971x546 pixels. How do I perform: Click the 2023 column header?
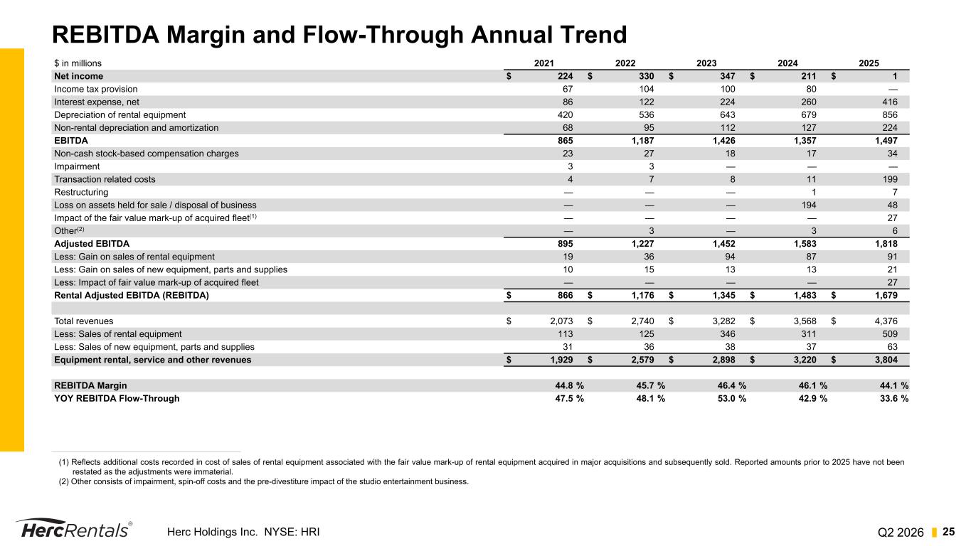pos(706,63)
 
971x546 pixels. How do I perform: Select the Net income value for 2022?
pos(646,76)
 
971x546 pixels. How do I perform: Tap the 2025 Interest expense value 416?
pos(889,102)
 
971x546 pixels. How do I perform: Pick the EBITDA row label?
pos(71,140)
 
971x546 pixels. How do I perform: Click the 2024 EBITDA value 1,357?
pos(805,140)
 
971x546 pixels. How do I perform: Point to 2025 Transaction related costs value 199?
pos(889,179)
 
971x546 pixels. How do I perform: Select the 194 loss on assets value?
pos(808,205)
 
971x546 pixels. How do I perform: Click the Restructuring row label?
pos(81,193)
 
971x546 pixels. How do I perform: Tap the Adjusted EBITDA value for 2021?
pos(565,244)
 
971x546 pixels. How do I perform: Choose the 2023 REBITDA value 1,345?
pos(724,296)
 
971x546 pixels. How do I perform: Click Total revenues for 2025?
pos(886,321)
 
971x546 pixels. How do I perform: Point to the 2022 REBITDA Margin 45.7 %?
pos(650,385)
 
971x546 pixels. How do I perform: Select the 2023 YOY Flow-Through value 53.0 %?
pos(732,399)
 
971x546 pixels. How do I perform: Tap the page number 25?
pos(948,532)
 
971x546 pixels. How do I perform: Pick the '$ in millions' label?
pos(78,63)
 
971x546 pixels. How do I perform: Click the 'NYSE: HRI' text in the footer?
pos(292,532)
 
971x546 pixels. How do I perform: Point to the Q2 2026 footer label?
pos(901,532)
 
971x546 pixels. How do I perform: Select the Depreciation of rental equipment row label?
pos(120,115)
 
